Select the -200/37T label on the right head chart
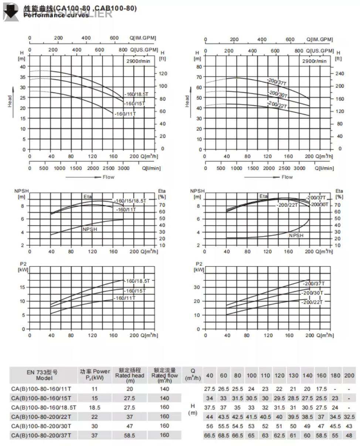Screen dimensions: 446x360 [x=277, y=82]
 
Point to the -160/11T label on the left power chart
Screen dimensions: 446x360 [x=125, y=298]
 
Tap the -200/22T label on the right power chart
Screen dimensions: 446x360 [x=312, y=302]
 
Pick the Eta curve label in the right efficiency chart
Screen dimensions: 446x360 [x=264, y=196]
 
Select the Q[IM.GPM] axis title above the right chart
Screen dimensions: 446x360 [x=320, y=40]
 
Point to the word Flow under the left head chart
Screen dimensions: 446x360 [x=108, y=177]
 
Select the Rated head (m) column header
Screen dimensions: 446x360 [x=130, y=375]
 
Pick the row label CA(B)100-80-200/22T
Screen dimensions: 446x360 [x=41, y=416]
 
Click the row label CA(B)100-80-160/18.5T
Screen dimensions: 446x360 [x=44, y=407]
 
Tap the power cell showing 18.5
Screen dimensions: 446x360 [x=95, y=407]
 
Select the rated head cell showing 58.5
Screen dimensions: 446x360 [x=130, y=435]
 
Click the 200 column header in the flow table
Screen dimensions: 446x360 [x=349, y=375]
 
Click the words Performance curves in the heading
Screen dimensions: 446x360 [x=56, y=16]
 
